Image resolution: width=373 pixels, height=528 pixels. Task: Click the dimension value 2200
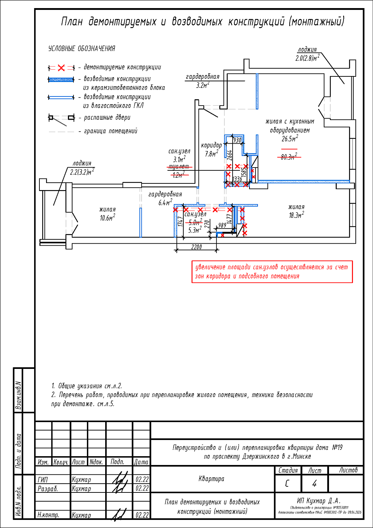(196, 247)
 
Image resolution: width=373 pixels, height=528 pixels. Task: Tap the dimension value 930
(238, 140)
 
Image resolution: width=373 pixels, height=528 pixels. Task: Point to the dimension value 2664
(230, 156)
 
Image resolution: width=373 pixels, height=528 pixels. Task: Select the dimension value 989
(222, 225)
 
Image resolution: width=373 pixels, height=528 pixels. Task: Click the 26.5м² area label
(290, 139)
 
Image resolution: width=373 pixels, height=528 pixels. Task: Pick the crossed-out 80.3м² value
(289, 157)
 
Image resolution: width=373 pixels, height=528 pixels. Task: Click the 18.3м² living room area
(296, 215)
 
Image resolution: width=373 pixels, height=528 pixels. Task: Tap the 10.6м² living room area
(107, 218)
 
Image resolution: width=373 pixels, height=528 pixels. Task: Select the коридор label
(211, 145)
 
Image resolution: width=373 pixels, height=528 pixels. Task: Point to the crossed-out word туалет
(179, 166)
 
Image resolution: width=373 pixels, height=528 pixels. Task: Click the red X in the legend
(61, 68)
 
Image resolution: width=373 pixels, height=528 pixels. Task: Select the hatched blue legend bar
(61, 80)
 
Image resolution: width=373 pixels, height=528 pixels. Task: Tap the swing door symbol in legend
(61, 118)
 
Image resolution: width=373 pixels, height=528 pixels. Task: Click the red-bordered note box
(272, 272)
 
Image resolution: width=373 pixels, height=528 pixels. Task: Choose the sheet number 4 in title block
(314, 484)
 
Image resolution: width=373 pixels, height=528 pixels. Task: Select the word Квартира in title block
(211, 479)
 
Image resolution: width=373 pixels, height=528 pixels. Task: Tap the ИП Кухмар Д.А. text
(318, 501)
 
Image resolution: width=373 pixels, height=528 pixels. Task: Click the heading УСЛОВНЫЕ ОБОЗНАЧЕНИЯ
(82, 49)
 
